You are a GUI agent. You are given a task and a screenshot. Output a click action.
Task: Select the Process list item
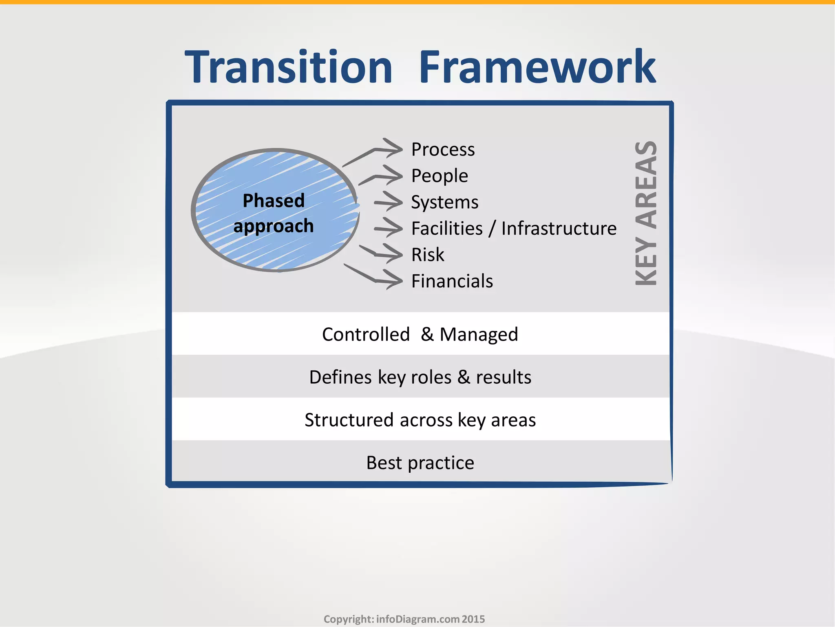pyautogui.click(x=443, y=149)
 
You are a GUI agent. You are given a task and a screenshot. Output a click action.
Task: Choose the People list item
pyautogui.click(x=440, y=176)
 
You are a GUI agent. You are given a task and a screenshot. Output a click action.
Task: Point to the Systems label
pyautogui.click(x=444, y=202)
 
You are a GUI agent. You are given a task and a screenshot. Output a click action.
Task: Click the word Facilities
pyautogui.click(x=447, y=229)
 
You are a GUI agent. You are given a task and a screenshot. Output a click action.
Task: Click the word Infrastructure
pyautogui.click(x=559, y=229)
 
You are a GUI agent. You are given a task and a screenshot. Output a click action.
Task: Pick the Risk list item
pyautogui.click(x=427, y=255)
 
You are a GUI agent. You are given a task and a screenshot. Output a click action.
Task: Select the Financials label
pyautogui.click(x=452, y=281)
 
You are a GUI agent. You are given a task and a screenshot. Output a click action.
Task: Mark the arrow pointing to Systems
pyautogui.click(x=389, y=202)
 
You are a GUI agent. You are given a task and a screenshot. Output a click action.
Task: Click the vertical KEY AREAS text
pyautogui.click(x=646, y=213)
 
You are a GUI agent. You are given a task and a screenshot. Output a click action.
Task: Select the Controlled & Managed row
pyautogui.click(x=420, y=334)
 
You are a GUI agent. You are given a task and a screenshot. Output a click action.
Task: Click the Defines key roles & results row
pyautogui.click(x=420, y=377)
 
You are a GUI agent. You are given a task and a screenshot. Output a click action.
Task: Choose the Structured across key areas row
pyautogui.click(x=420, y=420)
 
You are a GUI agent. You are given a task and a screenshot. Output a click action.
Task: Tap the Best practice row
pyautogui.click(x=420, y=463)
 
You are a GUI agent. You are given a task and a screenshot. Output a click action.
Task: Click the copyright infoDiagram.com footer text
pyautogui.click(x=404, y=619)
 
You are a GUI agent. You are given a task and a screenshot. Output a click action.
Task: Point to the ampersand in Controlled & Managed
pyautogui.click(x=427, y=334)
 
